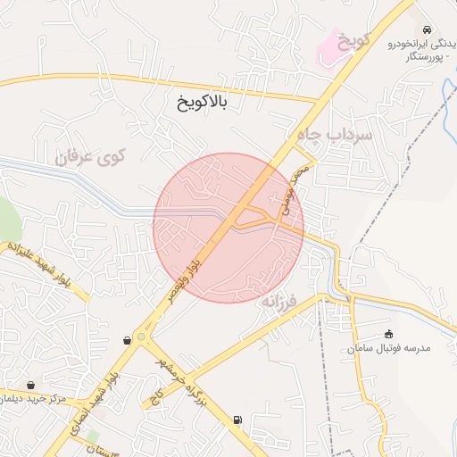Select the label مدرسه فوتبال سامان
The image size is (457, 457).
tap(389, 348)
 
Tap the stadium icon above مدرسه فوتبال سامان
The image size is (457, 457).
tap(388, 334)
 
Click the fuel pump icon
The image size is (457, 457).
tap(237, 420)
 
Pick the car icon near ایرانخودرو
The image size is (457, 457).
tap(428, 30)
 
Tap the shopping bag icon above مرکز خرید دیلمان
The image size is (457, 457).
tap(31, 386)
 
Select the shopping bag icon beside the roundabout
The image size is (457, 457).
tap(126, 340)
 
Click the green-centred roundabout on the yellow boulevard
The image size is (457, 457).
tap(141, 337)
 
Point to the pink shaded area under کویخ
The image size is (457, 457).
tap(335, 46)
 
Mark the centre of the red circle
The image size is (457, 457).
tap(228, 228)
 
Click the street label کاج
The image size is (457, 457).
tap(159, 394)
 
